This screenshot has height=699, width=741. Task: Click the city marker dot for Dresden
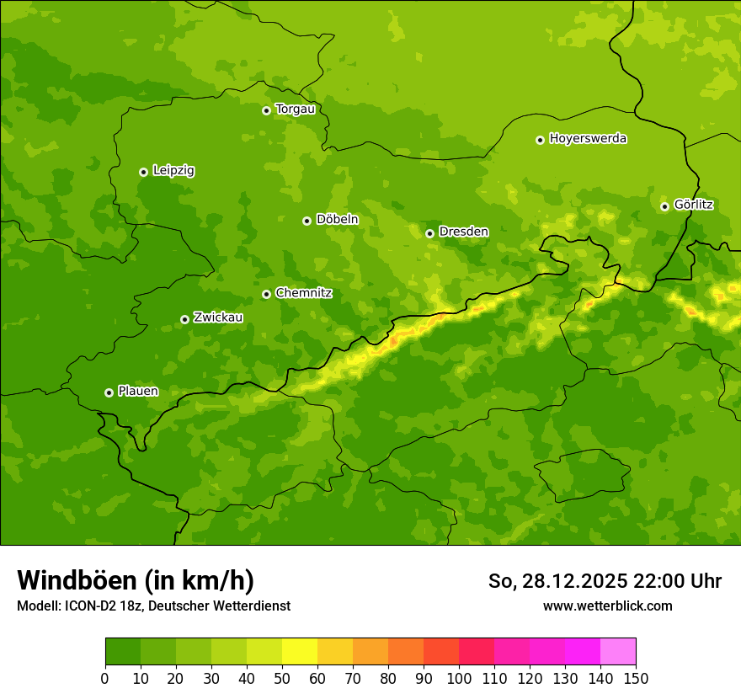coord(429,233)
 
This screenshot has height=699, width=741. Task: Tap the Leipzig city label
coord(173,171)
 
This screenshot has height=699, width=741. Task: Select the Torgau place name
coord(295,109)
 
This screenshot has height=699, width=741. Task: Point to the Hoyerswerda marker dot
coord(540,140)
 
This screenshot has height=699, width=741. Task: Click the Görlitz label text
coord(694,205)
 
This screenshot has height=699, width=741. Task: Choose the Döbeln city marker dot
coord(307,221)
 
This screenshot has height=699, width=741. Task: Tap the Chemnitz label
coord(303,293)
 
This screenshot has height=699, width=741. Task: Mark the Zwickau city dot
coord(184,319)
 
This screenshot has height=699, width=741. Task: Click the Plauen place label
coord(138,392)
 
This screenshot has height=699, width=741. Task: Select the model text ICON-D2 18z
coord(99,606)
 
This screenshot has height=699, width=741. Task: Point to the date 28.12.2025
coord(574,581)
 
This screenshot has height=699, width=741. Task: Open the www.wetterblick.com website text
coord(607,606)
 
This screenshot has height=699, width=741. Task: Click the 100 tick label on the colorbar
coord(459,678)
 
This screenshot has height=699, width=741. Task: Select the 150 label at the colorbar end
coord(636,678)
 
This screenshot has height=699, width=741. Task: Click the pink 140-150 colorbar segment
coord(618,652)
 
